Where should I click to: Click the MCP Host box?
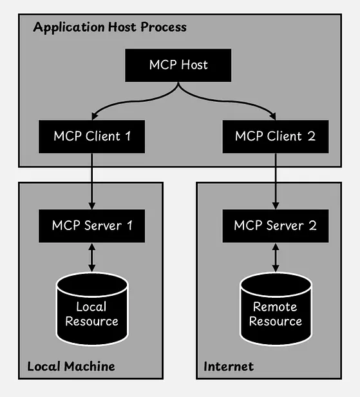pos(178,65)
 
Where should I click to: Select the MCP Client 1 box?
pos(92,137)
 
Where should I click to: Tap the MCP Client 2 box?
pos(276,137)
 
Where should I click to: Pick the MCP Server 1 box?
pos(92,226)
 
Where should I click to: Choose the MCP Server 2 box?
pos(276,226)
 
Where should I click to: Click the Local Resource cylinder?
pos(92,309)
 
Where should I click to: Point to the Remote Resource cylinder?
pos(276,309)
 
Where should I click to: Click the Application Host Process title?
pos(109,27)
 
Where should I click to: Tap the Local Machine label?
pos(71,366)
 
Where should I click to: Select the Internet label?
pos(229,366)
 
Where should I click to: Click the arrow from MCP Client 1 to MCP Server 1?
pos(92,181)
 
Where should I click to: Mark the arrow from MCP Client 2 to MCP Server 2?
pos(276,181)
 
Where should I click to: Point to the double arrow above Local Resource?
pos(92,258)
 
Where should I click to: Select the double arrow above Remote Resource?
pos(276,258)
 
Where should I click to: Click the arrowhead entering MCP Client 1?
pos(94,116)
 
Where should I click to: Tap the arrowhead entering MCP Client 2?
pos(273,116)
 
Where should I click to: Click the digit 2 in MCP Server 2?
pos(313,226)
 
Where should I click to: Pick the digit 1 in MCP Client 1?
pos(128,136)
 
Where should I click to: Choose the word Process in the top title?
pos(164,27)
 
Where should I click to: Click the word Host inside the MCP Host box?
pos(194,65)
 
